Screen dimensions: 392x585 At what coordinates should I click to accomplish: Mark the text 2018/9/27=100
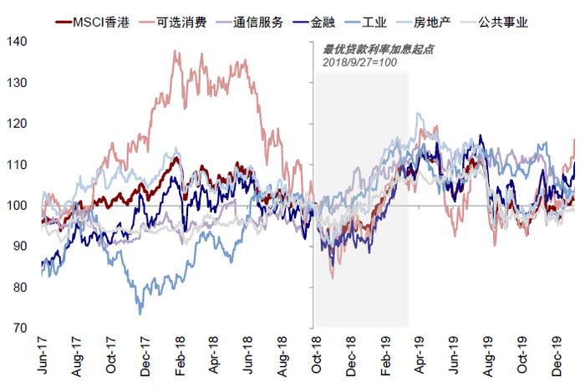click(359, 63)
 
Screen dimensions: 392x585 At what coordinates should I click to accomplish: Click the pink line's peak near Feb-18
click(175, 51)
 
